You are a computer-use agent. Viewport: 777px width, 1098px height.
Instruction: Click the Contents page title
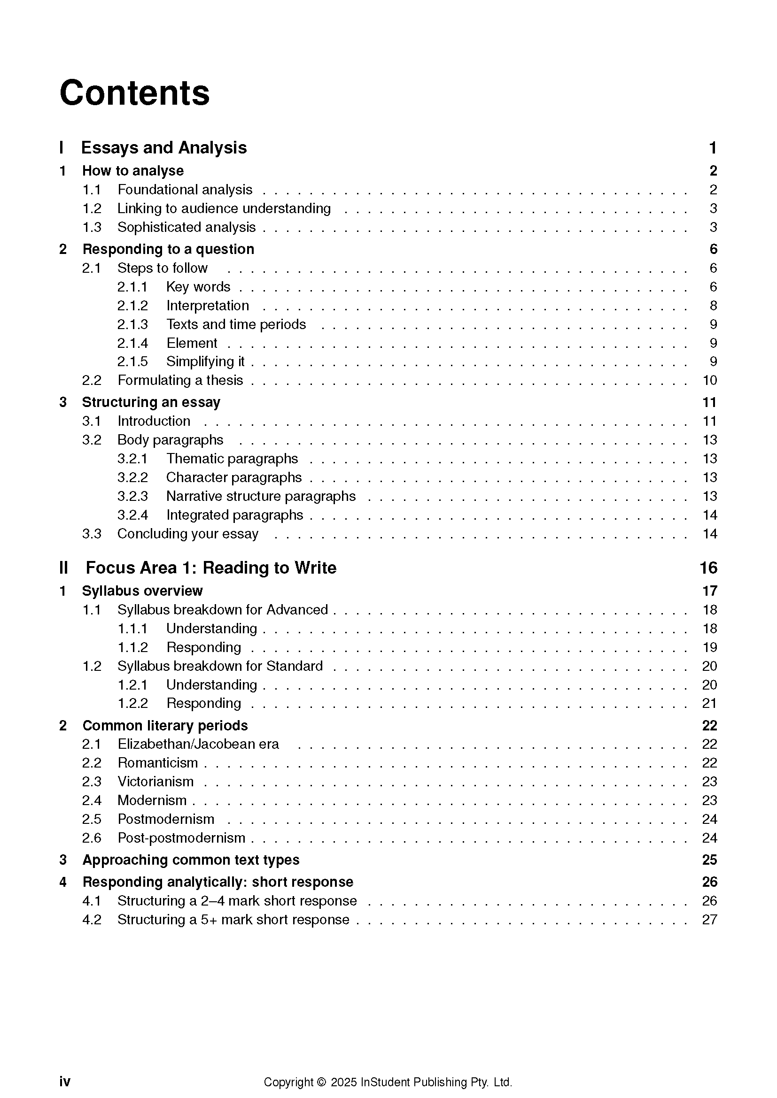(134, 93)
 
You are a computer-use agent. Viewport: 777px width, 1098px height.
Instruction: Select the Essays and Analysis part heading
(163, 148)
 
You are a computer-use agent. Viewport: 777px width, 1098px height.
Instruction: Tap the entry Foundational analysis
(185, 190)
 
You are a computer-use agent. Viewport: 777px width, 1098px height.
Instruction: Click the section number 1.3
(92, 227)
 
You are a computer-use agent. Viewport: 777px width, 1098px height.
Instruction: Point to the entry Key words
(198, 287)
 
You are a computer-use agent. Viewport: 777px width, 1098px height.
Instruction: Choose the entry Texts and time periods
(236, 324)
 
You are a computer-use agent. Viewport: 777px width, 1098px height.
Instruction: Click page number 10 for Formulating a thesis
(709, 381)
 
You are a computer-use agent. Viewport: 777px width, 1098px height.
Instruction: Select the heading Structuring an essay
(151, 402)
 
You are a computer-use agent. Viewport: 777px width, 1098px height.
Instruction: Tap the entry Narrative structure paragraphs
(261, 496)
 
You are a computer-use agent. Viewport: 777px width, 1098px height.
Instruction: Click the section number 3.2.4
(132, 515)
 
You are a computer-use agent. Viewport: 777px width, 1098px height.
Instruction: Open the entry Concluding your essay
(187, 534)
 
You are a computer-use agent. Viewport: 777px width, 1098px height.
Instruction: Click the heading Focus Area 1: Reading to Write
(211, 568)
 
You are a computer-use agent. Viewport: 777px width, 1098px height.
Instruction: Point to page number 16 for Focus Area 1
(708, 568)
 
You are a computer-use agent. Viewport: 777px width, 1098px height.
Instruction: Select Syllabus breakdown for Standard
(220, 666)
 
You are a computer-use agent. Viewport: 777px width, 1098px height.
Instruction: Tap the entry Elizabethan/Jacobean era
(198, 744)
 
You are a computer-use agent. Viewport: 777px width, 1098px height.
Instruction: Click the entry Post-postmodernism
(181, 838)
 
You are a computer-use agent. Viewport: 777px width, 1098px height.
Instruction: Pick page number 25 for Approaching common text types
(709, 860)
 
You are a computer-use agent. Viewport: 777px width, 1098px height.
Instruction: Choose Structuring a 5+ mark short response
(233, 920)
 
